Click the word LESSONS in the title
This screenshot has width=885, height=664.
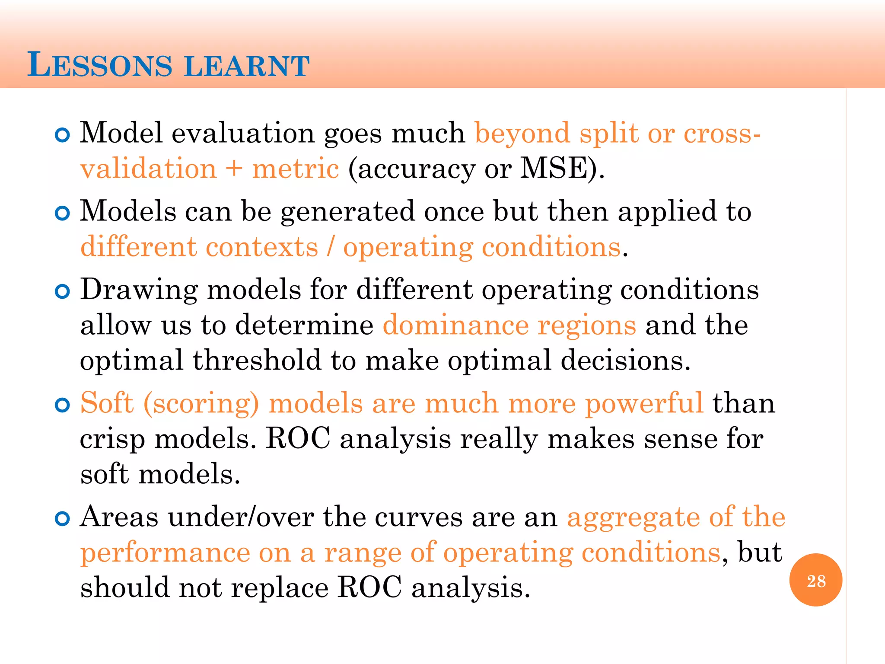point(100,65)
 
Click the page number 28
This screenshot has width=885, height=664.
point(816,581)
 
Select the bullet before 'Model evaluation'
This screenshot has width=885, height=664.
point(63,135)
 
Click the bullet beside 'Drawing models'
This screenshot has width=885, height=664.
point(63,292)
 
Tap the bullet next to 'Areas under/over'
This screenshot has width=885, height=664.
point(63,519)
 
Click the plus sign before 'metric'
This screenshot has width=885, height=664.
point(234,169)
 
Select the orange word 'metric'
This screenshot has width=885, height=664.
point(296,169)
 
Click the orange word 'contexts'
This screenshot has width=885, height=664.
point(262,247)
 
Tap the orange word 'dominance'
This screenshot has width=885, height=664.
point(455,325)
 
